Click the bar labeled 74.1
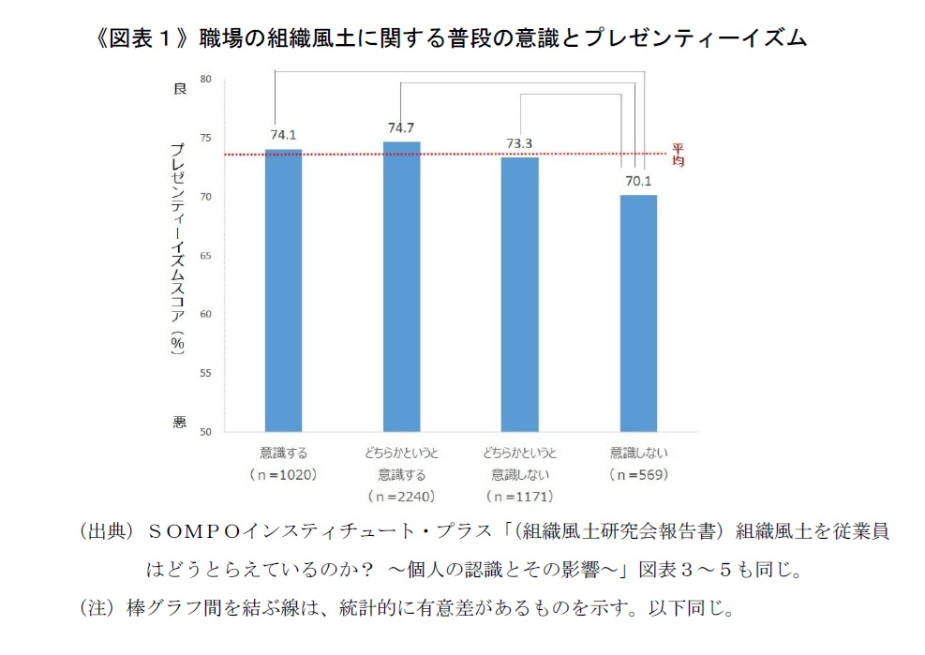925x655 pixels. click(x=283, y=290)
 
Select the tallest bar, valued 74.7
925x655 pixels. click(x=401, y=287)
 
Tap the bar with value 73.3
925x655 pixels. click(x=519, y=294)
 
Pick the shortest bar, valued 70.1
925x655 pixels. click(x=638, y=313)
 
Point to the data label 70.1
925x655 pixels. click(x=638, y=181)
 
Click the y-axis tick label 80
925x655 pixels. click(x=206, y=80)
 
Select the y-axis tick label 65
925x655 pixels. click(x=206, y=256)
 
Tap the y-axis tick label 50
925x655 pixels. click(x=206, y=432)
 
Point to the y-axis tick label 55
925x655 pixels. click(x=206, y=374)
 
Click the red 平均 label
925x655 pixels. click(x=679, y=156)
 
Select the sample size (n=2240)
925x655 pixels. click(x=401, y=496)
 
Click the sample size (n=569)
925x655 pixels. click(x=637, y=474)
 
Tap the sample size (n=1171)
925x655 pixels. click(x=519, y=496)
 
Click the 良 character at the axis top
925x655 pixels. click(x=179, y=88)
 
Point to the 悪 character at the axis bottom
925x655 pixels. click(x=179, y=423)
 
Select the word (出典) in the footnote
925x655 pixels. click(x=105, y=531)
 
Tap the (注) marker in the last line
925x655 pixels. click(x=97, y=608)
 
